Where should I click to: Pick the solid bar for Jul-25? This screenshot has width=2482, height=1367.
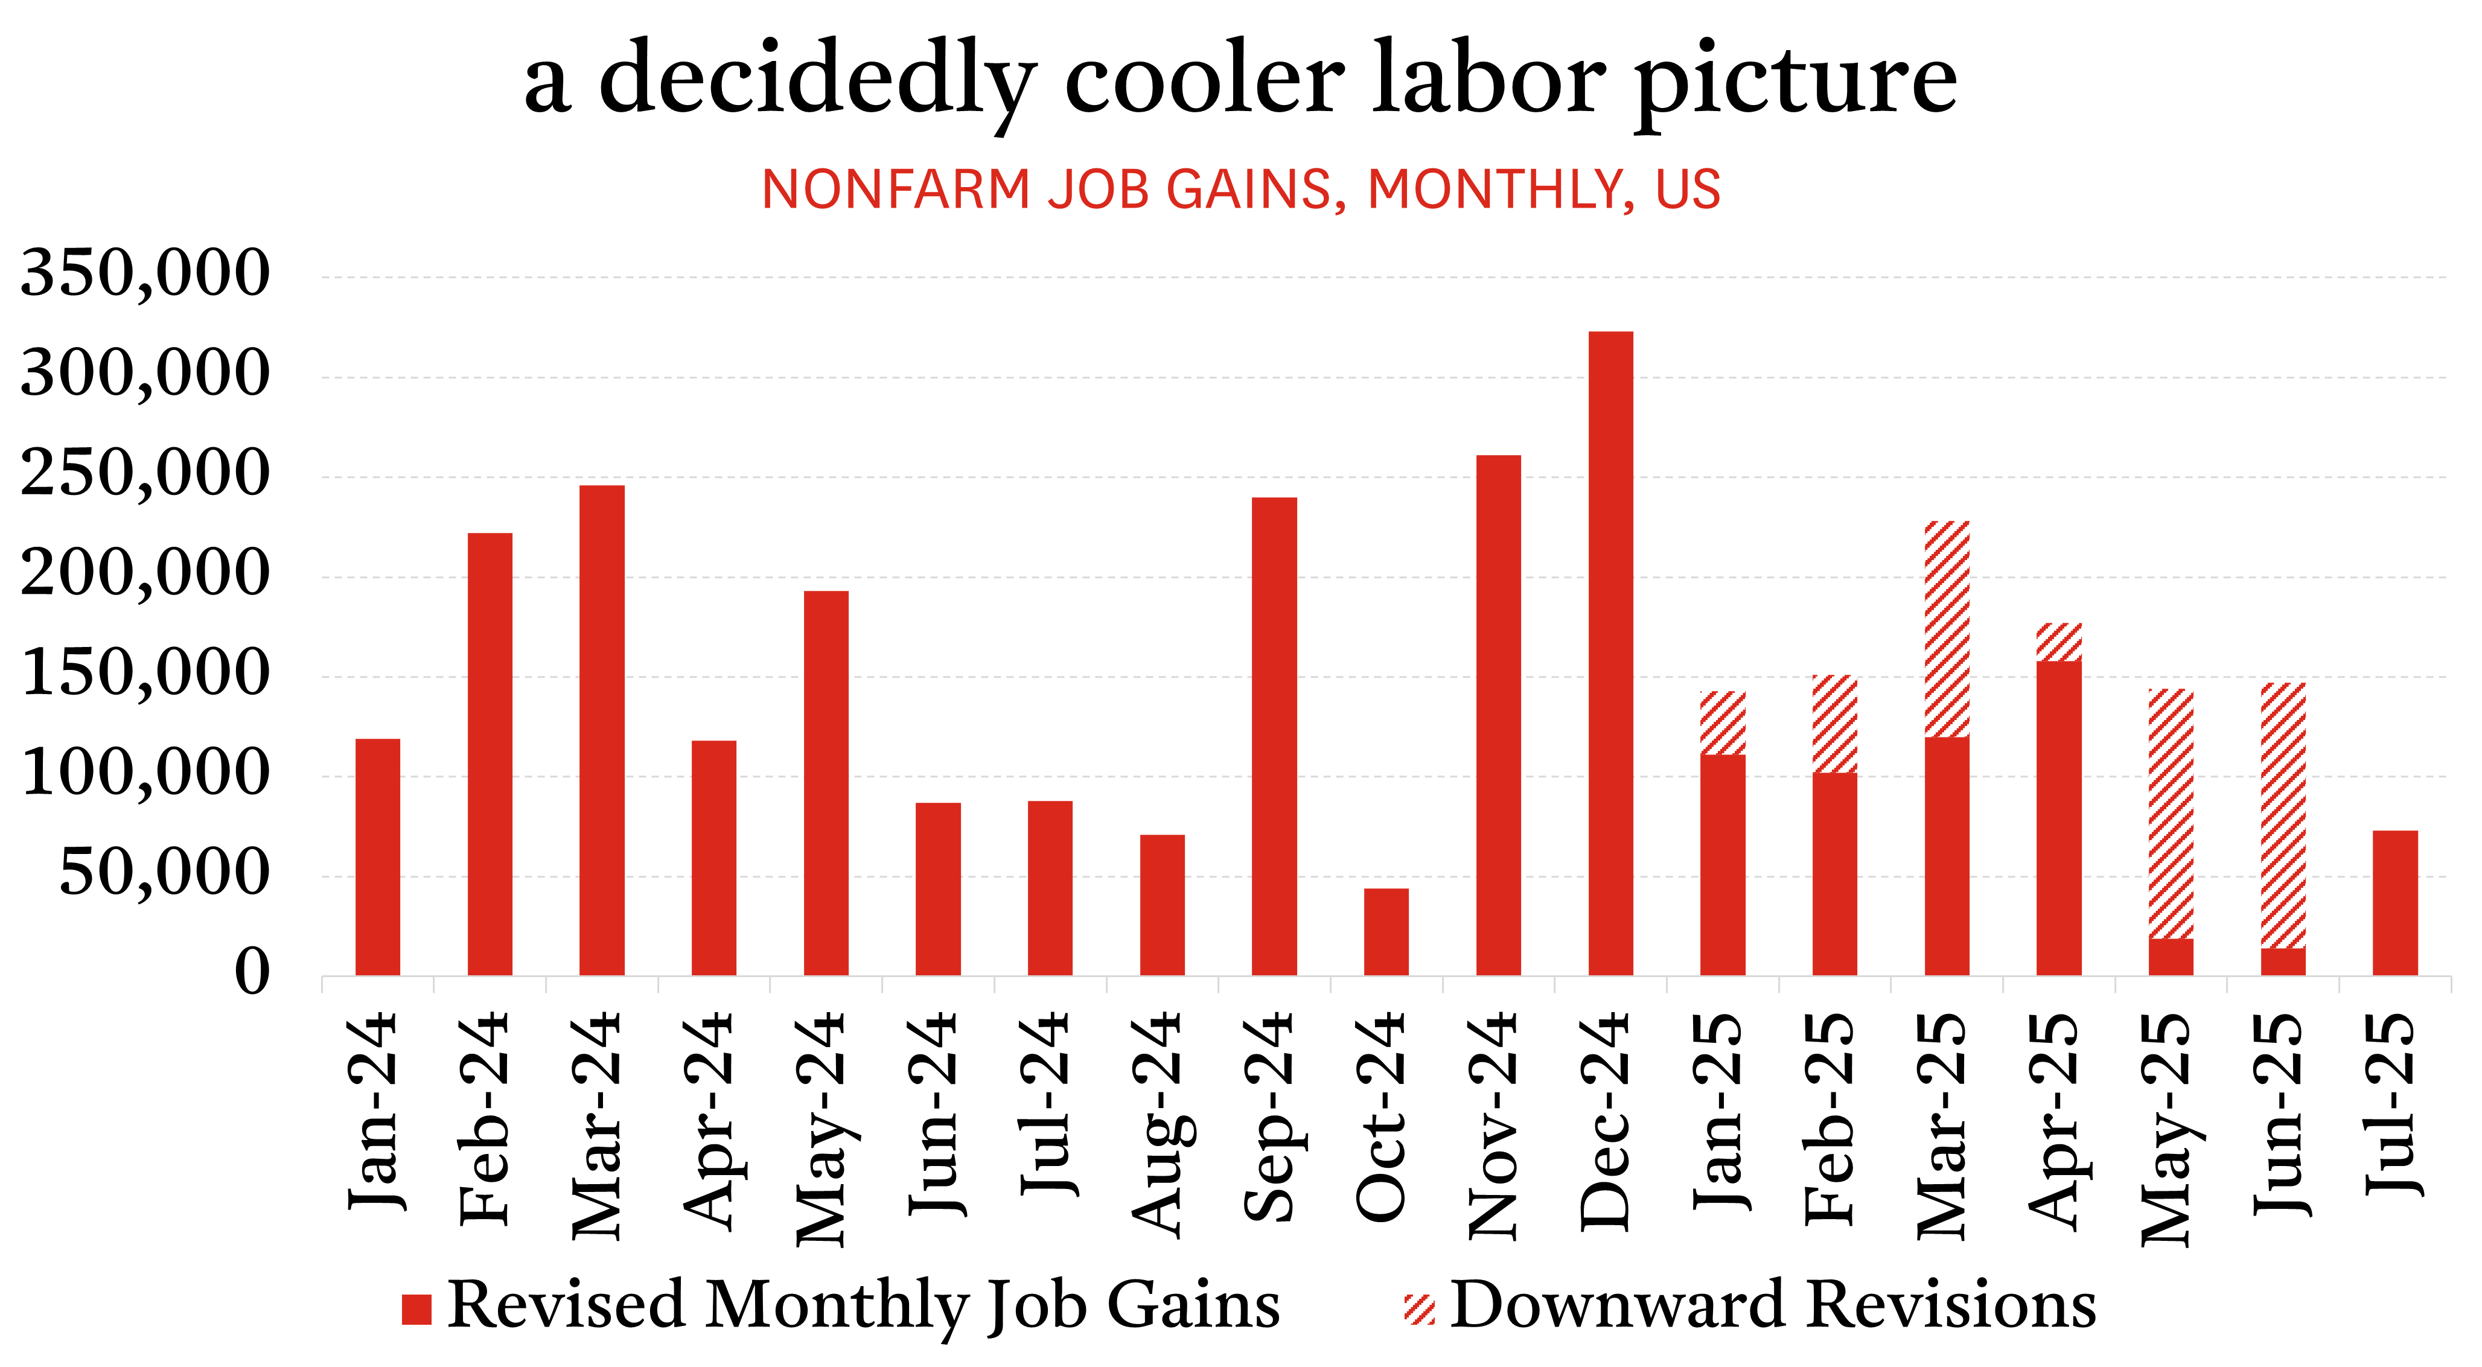tap(2395, 903)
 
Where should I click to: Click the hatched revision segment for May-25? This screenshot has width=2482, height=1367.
tap(2171, 814)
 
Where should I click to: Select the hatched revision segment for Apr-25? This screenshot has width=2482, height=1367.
tap(2059, 642)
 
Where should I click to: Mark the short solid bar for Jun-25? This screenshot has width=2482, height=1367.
tap(2283, 961)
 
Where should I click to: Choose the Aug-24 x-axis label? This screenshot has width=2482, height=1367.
tap(1162, 1123)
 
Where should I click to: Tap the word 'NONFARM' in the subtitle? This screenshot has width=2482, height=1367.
tap(896, 189)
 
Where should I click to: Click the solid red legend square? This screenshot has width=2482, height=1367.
tap(416, 1309)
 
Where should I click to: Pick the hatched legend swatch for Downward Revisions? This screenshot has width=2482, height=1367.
tap(1419, 1309)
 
